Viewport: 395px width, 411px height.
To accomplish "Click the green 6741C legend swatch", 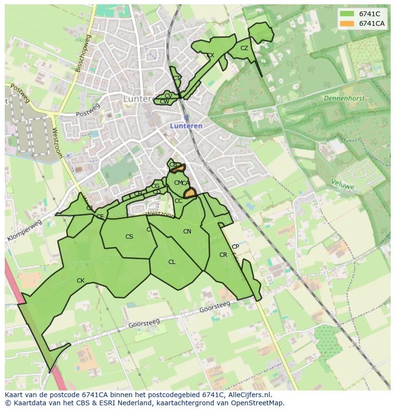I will pos(347,14).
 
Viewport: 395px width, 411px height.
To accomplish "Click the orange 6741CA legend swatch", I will pos(347,23).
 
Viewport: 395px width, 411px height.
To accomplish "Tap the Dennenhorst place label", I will pos(343,98).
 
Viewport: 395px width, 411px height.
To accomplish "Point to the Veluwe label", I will pos(343,184).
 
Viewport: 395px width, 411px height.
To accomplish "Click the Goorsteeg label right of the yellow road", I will pos(214,306).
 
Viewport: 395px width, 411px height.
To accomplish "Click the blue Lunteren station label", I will pos(186,126).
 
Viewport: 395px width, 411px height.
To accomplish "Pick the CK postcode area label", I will pos(81,281).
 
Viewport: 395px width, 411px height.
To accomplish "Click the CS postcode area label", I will pos(129,237).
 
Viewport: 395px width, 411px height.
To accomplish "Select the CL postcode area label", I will pos(172,262).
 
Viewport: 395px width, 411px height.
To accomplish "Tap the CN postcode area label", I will pos(187,232).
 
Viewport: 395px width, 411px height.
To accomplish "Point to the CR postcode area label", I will pos(223,255).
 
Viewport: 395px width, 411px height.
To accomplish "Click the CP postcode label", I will pos(235,247).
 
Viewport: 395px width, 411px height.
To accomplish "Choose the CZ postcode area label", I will pos(244,48).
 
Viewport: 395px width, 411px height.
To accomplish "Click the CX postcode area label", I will pos(210,55).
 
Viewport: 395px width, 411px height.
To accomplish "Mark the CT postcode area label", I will pos(177,78).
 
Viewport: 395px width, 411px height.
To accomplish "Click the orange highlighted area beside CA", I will pos(190,193).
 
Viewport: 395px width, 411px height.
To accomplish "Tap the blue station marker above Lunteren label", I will pos(186,117).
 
